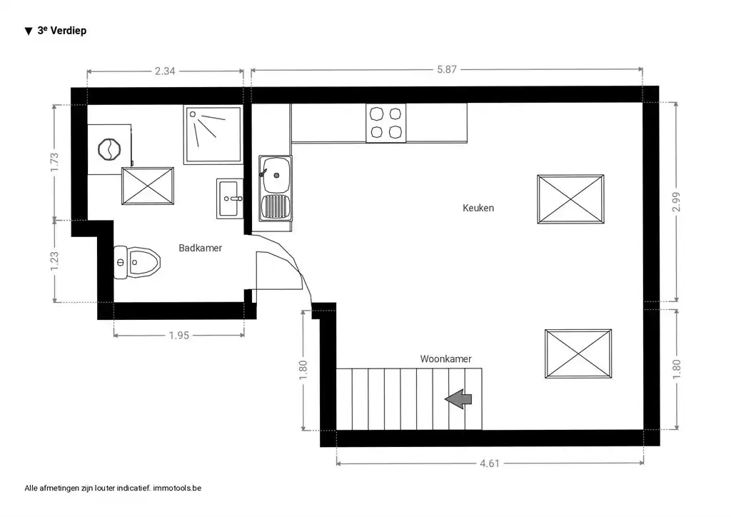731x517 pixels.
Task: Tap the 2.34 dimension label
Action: pos(165,71)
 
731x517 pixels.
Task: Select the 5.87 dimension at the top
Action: pos(446,70)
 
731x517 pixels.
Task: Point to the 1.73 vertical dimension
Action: pos(54,162)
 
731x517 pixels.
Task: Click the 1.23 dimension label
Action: pos(54,261)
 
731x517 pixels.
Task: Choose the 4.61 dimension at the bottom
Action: pos(489,463)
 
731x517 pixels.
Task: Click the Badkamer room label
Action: pos(200,249)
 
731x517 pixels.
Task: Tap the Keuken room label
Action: pos(478,209)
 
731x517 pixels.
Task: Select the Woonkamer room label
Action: pos(445,359)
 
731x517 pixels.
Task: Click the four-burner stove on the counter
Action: pos(385,123)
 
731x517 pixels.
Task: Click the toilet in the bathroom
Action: pos(137,262)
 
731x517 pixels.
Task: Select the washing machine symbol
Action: pos(110,149)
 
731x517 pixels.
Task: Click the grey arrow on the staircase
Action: pos(458,400)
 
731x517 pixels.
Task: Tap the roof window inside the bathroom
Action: pos(148,186)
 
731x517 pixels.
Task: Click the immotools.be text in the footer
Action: pos(178,488)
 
